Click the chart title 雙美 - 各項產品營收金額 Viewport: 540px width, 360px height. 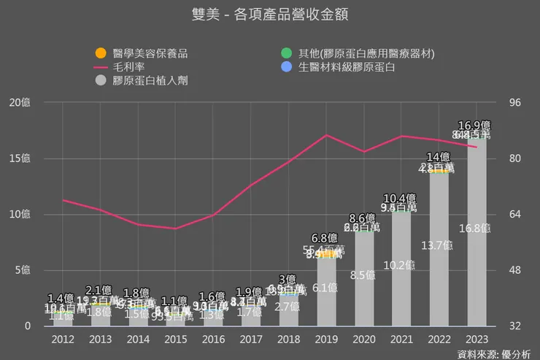tap(269, 14)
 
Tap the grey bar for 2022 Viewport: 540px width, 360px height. tap(439, 256)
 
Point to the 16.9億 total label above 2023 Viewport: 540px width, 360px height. tap(474, 125)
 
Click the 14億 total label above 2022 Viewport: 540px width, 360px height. tap(439, 157)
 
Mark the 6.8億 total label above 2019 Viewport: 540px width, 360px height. tap(325, 238)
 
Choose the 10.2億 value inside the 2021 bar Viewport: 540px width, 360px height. tap(401, 266)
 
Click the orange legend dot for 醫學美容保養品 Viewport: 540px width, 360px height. tap(101, 53)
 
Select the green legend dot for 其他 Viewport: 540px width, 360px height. tap(287, 53)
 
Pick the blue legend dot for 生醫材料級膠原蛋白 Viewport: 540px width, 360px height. tap(287, 67)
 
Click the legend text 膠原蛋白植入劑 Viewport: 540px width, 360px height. tap(150, 80)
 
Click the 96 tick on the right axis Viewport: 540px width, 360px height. tap(514, 102)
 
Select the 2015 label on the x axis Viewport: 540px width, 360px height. tap(176, 339)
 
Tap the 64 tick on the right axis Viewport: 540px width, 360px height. tap(514, 215)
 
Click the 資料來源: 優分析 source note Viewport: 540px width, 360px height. tap(493, 353)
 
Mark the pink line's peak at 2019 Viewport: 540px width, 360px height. tap(325, 135)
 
